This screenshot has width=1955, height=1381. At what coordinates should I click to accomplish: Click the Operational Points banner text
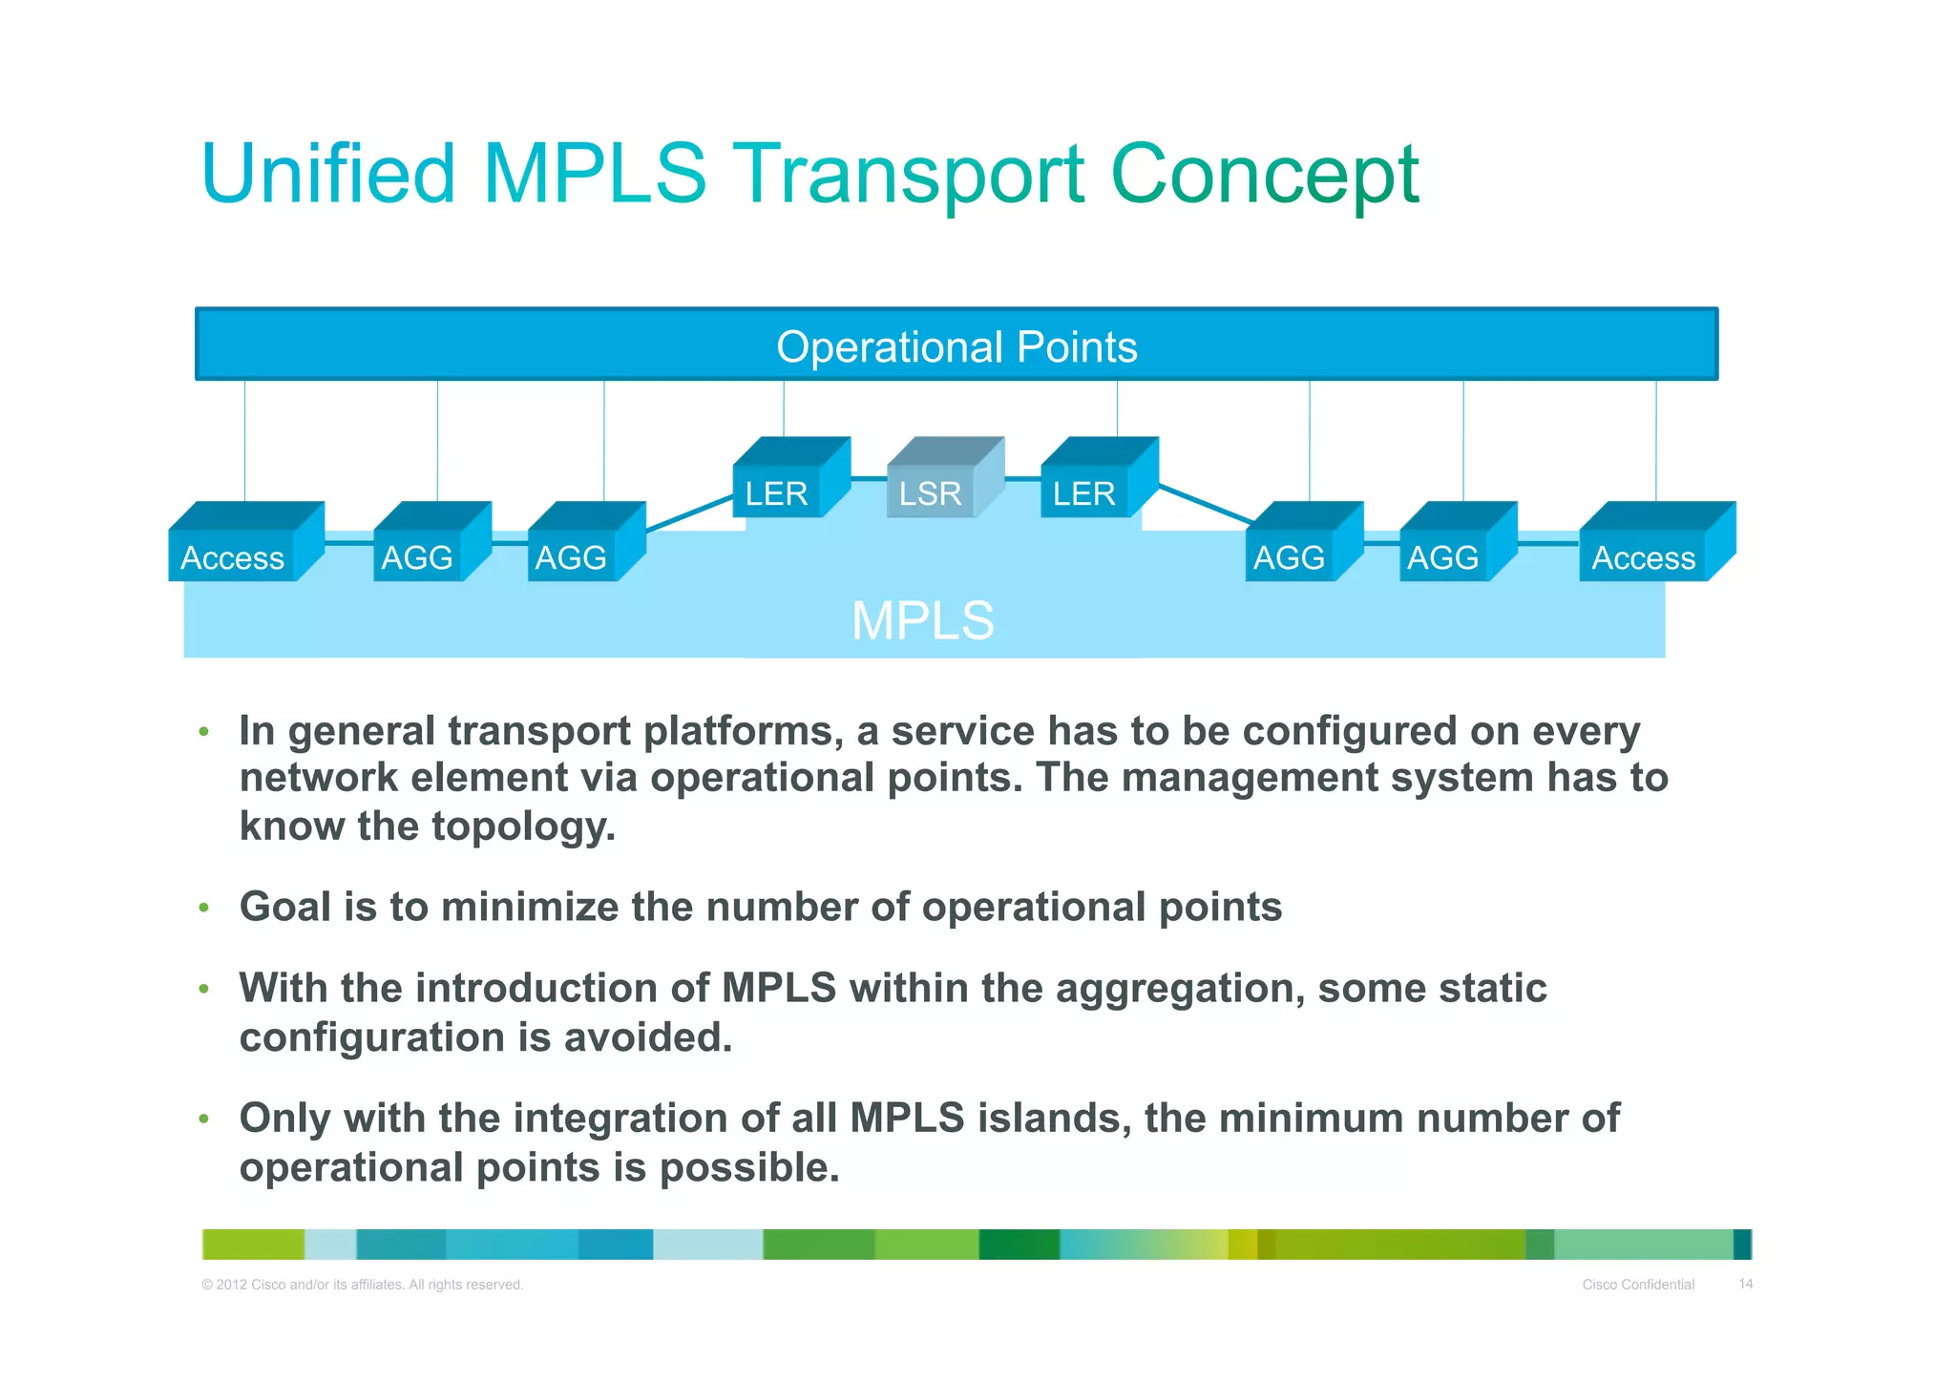pyautogui.click(x=956, y=346)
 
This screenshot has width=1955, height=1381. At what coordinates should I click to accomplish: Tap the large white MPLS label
pyautogui.click(x=922, y=620)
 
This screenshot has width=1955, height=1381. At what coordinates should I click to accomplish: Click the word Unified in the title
pyautogui.click(x=329, y=174)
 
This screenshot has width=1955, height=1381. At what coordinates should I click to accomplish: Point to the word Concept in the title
pyautogui.click(x=1265, y=174)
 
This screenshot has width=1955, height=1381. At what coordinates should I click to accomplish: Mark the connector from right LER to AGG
pyautogui.click(x=1205, y=504)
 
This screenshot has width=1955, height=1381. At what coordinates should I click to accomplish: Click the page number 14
pyautogui.click(x=1745, y=1284)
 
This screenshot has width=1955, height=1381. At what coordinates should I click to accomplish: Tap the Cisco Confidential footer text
pyautogui.click(x=1638, y=1285)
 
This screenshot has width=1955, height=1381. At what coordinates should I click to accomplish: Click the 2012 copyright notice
pyautogui.click(x=363, y=1285)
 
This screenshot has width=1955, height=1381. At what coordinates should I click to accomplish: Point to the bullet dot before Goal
pyautogui.click(x=203, y=908)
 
